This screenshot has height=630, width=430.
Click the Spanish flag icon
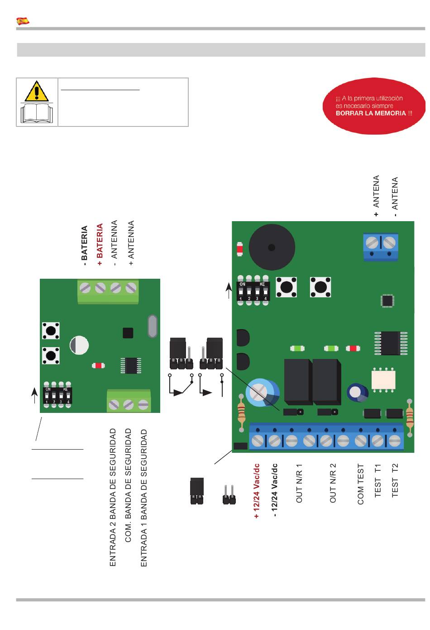coord(23,21)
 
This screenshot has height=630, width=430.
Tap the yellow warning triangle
coord(37,92)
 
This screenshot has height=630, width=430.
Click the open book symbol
coord(37,113)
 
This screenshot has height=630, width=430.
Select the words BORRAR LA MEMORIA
coord(370,113)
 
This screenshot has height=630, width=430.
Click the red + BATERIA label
coord(100,244)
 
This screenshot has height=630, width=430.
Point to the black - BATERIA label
coord(84,245)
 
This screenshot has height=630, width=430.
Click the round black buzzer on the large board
coord(272,247)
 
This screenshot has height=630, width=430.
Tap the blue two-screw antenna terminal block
coord(381,247)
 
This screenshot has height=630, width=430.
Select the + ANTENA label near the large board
coord(376,196)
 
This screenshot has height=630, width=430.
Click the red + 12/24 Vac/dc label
coord(256,491)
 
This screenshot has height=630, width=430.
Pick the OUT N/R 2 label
coord(333,483)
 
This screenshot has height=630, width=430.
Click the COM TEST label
coord(361,484)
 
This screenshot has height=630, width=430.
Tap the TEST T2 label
coord(395,480)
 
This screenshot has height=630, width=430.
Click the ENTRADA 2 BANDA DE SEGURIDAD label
coord(113,497)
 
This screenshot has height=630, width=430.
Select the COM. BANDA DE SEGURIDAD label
coord(128,485)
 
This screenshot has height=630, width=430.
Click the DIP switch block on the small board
coord(57,395)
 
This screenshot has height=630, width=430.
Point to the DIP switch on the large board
coord(253,291)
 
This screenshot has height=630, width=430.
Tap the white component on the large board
coord(383,380)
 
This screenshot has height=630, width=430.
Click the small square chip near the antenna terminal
coord(387,300)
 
